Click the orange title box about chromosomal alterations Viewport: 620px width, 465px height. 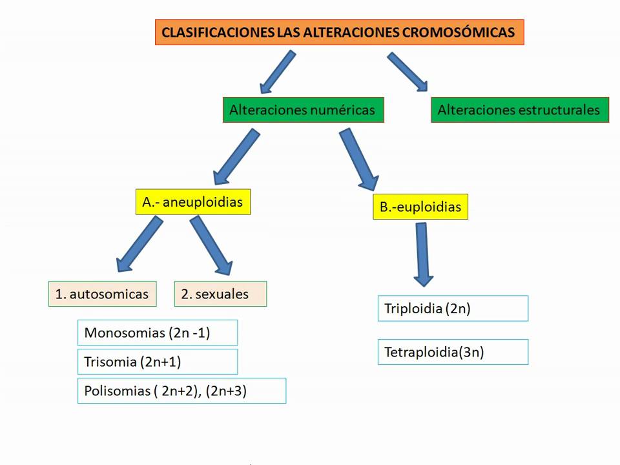339,32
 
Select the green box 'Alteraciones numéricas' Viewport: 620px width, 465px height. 302,110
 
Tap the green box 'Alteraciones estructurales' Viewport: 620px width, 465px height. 519,110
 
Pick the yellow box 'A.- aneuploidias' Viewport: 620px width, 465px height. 192,202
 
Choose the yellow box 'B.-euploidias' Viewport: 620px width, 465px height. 420,207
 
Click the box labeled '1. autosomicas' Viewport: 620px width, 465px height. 102,294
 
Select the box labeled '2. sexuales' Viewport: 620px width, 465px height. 220,294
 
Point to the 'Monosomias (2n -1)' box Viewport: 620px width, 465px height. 157,333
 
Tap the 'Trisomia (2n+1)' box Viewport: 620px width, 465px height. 157,362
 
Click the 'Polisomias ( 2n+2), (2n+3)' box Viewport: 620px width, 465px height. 181,391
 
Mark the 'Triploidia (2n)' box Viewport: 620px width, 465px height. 452,308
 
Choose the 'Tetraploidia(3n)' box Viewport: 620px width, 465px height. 452,352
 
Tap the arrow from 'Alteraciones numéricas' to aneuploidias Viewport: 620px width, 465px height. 237,156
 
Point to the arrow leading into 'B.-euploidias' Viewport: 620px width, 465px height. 360,159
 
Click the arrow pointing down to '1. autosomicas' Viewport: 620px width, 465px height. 138,244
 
